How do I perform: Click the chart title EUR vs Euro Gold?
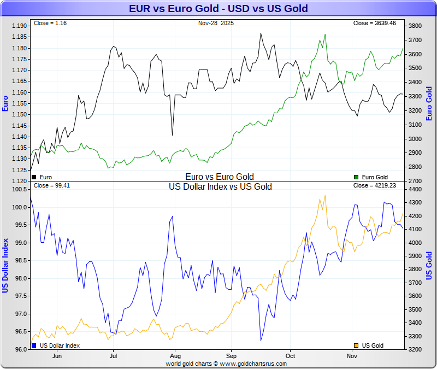218,8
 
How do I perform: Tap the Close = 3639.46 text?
376,24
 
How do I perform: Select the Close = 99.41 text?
52,185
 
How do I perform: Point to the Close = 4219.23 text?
376,185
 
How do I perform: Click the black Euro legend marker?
34,177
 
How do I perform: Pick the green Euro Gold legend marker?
356,177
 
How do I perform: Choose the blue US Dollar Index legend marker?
34,345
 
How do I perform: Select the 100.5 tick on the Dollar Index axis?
19,190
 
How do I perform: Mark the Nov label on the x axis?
352,355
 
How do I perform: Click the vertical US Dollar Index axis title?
6,265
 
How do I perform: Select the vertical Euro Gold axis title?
429,104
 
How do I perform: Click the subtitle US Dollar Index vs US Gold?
220,187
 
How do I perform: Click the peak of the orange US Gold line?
325,196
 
